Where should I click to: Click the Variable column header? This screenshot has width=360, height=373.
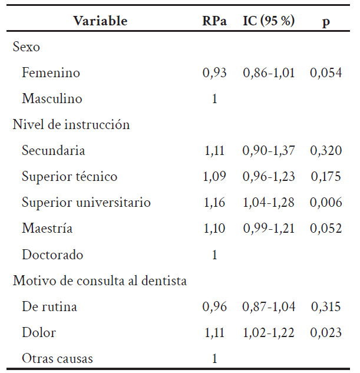click(x=100, y=21)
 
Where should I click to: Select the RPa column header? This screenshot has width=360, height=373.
click(x=214, y=21)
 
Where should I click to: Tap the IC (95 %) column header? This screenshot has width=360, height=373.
click(x=269, y=21)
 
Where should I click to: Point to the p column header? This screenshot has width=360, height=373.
click(x=326, y=21)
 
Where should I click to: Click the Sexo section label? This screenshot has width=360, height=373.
click(x=26, y=47)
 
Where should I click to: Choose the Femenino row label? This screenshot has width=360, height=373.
click(x=51, y=73)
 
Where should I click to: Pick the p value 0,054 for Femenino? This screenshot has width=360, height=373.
click(x=326, y=73)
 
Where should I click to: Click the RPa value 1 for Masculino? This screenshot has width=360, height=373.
click(x=214, y=99)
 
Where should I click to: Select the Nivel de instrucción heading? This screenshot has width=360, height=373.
click(x=71, y=125)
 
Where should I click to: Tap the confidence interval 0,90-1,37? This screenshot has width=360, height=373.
click(x=269, y=151)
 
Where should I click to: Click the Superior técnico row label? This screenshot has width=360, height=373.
click(x=70, y=177)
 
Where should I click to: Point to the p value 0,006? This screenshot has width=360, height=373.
click(x=326, y=203)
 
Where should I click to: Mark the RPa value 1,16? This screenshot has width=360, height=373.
click(x=214, y=203)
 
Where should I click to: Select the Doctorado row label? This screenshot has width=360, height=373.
click(x=52, y=255)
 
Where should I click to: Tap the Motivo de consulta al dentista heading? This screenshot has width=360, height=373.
click(x=100, y=281)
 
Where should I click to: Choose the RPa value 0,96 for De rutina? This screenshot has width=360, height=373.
click(x=214, y=307)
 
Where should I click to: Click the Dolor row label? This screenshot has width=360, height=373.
click(x=39, y=333)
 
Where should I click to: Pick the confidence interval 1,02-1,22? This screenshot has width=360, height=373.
click(x=269, y=333)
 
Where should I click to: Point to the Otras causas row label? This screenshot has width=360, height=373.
click(x=57, y=359)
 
